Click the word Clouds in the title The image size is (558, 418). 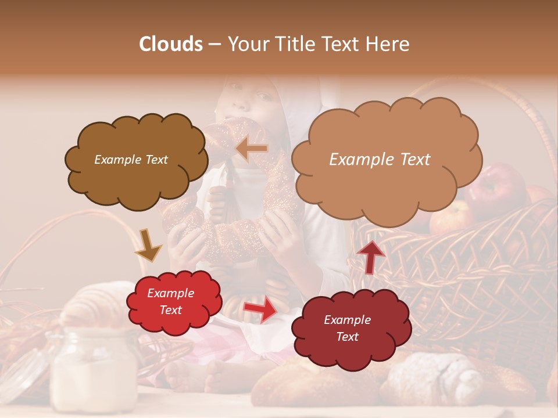171,44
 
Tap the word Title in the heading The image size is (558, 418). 292,44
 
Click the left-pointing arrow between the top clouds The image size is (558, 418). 252,149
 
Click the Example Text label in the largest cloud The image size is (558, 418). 380,160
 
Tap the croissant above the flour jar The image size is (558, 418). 99,305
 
